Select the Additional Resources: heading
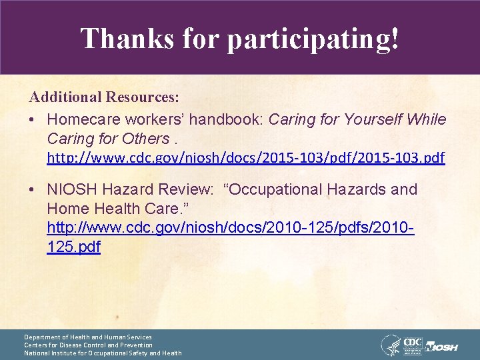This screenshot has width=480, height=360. point(104,97)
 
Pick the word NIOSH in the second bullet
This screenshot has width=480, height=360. point(71,189)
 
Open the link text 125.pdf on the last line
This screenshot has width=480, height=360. point(73,247)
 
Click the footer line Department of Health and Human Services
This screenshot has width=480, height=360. point(88,337)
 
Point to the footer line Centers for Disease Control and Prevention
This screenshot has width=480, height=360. point(88,345)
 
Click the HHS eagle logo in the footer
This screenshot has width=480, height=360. point(390,345)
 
